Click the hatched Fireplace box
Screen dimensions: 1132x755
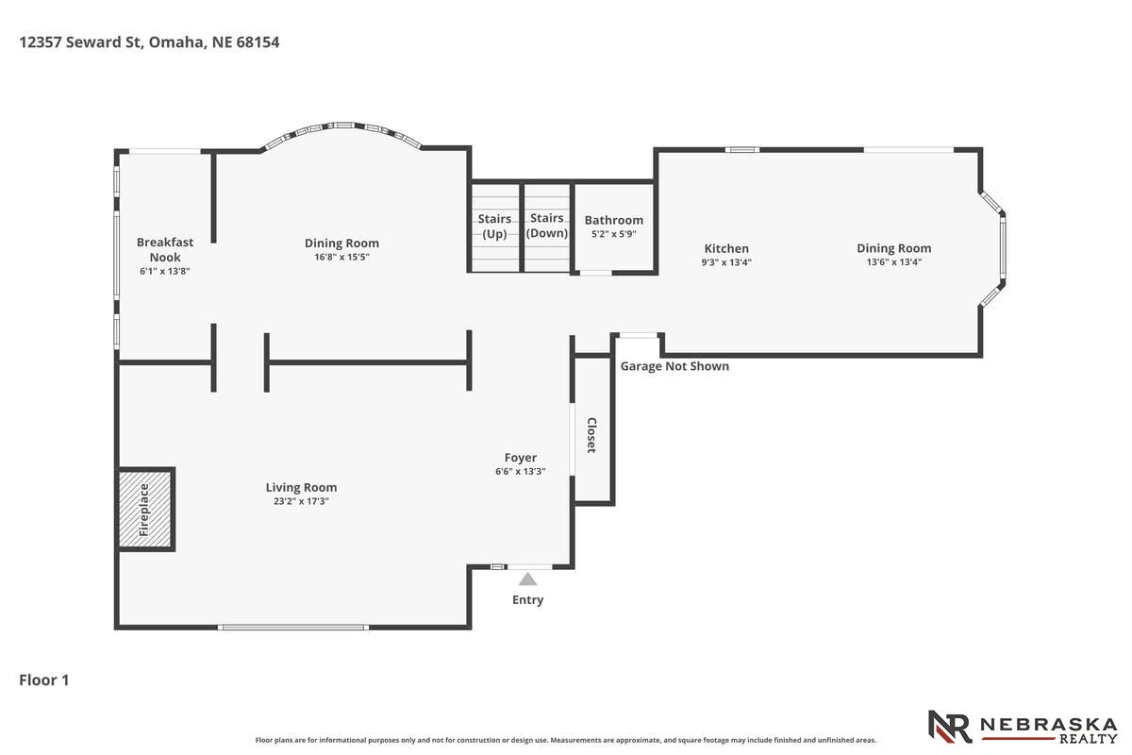point(145,510)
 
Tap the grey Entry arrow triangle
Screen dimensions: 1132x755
point(527,579)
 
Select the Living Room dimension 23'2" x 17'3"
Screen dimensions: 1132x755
point(301,501)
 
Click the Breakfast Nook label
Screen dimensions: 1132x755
point(165,250)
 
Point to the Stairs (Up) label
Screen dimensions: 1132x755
point(494,226)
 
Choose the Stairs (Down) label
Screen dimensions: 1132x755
point(547,226)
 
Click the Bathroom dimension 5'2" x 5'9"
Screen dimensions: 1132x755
point(614,234)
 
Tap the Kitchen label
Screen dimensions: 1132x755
point(726,248)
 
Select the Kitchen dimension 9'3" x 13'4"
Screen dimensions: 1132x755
point(726,262)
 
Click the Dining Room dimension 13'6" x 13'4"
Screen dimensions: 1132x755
point(894,262)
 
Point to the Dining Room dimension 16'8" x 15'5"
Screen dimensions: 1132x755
point(342,257)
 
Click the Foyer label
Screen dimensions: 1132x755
point(521,458)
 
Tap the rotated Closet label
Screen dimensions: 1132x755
point(591,435)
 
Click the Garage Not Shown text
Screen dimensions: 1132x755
point(674,366)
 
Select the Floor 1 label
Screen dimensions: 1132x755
point(44,680)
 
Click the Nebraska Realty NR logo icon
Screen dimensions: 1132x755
point(950,727)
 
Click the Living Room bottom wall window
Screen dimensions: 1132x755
point(293,627)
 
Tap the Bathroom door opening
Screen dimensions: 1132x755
point(596,273)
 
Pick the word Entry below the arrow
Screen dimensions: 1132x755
point(527,599)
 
